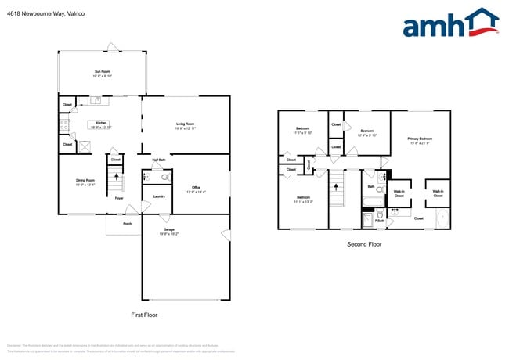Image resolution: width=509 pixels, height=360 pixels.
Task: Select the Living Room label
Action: [x=185, y=124]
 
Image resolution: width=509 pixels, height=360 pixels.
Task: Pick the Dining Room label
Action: [x=85, y=182]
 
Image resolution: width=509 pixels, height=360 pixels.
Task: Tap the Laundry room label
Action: [x=158, y=196]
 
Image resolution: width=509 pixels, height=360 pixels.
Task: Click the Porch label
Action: [x=127, y=223]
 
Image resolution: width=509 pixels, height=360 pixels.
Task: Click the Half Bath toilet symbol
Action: [x=154, y=178]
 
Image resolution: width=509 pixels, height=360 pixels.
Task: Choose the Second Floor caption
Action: [x=364, y=245]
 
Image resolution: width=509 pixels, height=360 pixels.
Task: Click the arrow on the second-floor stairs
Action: [x=338, y=188]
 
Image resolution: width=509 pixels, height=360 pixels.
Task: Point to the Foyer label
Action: [x=119, y=198]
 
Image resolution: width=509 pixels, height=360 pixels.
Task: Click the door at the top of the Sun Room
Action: [x=114, y=52]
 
